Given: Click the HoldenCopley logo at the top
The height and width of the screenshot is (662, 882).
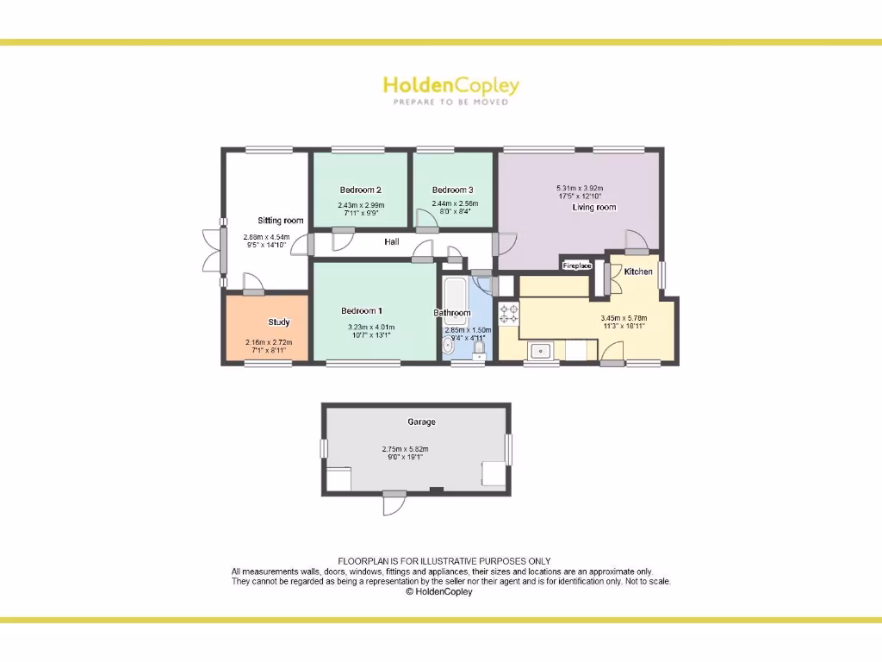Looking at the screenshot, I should pyautogui.click(x=450, y=85).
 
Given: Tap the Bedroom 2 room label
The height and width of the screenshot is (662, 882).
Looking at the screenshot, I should pyautogui.click(x=360, y=190).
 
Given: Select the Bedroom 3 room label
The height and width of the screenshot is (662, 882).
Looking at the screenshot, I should pyautogui.click(x=452, y=190).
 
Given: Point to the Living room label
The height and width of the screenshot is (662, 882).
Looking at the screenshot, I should pyautogui.click(x=594, y=207).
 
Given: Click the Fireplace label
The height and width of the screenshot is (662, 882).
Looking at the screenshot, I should pyautogui.click(x=577, y=266).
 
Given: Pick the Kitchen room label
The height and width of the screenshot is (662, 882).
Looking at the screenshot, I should pyautogui.click(x=638, y=272).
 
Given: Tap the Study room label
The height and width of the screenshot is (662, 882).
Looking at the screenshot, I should pyautogui.click(x=278, y=322).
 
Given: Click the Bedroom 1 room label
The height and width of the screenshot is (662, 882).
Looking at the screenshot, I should pyautogui.click(x=362, y=311).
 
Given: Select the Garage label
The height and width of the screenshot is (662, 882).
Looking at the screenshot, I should pyautogui.click(x=421, y=422).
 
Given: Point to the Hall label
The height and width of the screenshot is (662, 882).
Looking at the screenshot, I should pyautogui.click(x=392, y=242).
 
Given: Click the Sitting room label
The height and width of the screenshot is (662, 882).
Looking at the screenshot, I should pyautogui.click(x=281, y=221).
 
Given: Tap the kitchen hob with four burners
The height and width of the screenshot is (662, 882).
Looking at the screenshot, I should pyautogui.click(x=509, y=314).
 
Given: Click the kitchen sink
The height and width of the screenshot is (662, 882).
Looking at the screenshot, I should pyautogui.click(x=541, y=351).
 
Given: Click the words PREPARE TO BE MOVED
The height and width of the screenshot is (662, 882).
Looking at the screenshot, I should pyautogui.click(x=450, y=102).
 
